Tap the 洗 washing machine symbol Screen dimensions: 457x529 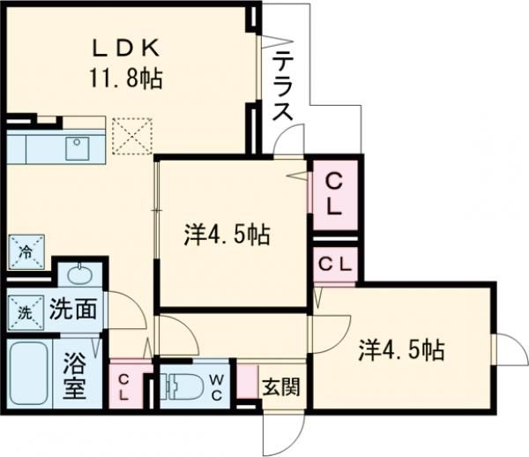coord(21,311)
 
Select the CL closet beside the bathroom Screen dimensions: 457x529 coord(125,386)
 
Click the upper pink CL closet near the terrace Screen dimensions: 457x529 coord(335,195)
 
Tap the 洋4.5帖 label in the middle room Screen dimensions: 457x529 coord(227,235)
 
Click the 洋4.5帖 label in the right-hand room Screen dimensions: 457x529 coord(400,349)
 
